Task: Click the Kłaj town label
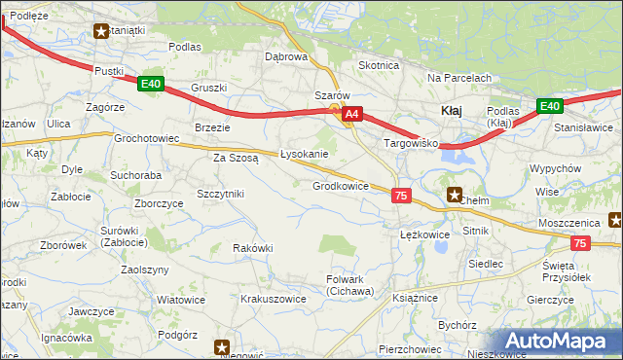452,110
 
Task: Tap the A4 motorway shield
352,114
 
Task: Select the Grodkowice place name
340,186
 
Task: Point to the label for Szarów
331,95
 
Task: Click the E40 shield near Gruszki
150,84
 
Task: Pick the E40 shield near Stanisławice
549,106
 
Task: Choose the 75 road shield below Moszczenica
580,245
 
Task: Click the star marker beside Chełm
454,194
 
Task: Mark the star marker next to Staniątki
101,30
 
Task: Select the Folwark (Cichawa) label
349,285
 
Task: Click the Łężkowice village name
424,234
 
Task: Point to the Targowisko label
412,143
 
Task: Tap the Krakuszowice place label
274,300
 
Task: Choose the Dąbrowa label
286,56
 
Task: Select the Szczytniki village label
220,194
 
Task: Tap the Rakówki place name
252,248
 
